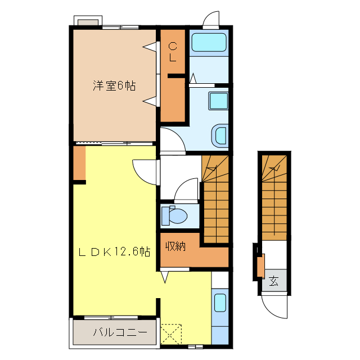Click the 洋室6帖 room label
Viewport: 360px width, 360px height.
coord(114,86)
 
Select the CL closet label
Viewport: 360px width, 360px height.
coord(173,52)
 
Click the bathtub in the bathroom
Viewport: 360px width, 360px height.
coord(208,43)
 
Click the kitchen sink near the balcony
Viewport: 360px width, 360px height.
coord(220,304)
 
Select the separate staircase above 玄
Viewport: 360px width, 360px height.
coord(274,197)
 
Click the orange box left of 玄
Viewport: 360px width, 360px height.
coord(260,265)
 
